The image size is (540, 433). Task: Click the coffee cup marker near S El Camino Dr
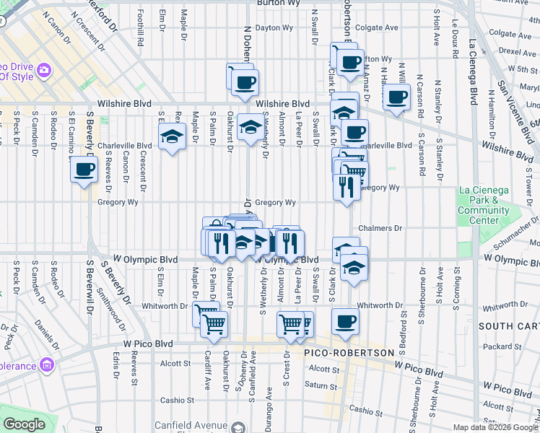pyautogui.click(x=84, y=171)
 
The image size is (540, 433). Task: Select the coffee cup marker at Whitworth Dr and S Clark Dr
pyautogui.click(x=346, y=320)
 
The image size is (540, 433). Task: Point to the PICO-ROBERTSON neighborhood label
pyautogui.click(x=350, y=353)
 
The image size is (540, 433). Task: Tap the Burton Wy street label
pyautogui.click(x=258, y=4)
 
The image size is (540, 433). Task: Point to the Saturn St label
pyautogui.click(x=316, y=385)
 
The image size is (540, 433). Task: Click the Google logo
pyautogui.click(x=24, y=424)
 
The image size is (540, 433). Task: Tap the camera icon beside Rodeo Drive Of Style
pyautogui.click(x=44, y=69)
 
